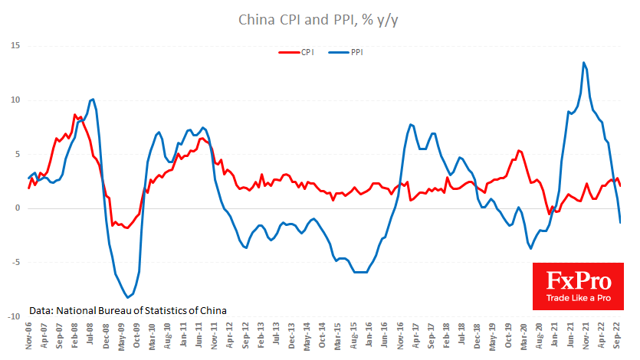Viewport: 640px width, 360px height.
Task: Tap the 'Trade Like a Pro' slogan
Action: tap(578, 297)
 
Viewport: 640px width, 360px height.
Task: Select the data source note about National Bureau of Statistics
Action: tap(128, 311)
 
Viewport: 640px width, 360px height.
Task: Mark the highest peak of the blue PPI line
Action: tap(584, 63)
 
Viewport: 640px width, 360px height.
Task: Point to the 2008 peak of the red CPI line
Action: tap(74, 115)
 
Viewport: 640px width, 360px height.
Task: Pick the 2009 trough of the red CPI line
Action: tap(126, 228)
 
